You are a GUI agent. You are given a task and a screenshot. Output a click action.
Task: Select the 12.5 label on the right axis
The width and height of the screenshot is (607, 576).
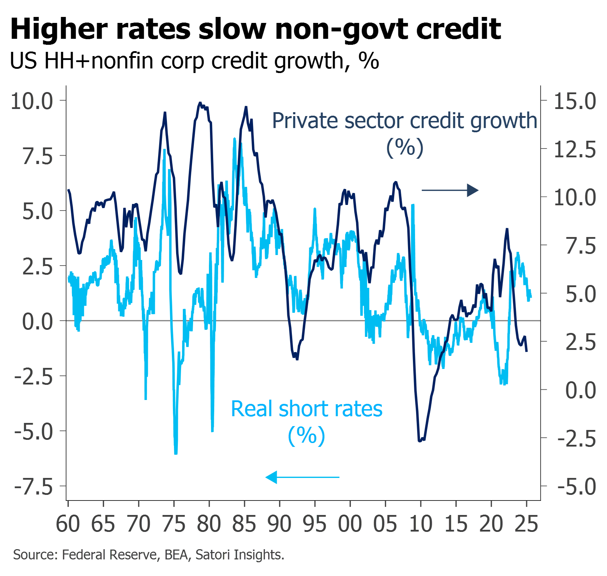(575, 149)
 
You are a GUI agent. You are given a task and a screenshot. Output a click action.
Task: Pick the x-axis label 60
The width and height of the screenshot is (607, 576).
(68, 524)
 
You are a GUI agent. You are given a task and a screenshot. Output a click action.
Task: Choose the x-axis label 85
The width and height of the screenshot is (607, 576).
(244, 524)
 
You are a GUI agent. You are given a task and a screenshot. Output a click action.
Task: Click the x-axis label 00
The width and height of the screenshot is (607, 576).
(350, 524)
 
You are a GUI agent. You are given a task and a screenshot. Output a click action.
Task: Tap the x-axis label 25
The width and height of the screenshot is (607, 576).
(527, 524)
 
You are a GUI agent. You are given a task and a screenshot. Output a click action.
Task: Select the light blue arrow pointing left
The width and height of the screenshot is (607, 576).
(302, 477)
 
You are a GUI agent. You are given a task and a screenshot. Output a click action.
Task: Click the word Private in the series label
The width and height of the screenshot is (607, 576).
(304, 121)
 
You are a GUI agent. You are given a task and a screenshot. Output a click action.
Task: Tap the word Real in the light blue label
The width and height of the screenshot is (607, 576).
(252, 409)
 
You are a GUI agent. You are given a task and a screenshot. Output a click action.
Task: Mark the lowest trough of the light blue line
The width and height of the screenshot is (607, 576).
(176, 453)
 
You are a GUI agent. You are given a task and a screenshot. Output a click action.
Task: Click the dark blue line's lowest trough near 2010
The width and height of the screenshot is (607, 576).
(420, 441)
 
